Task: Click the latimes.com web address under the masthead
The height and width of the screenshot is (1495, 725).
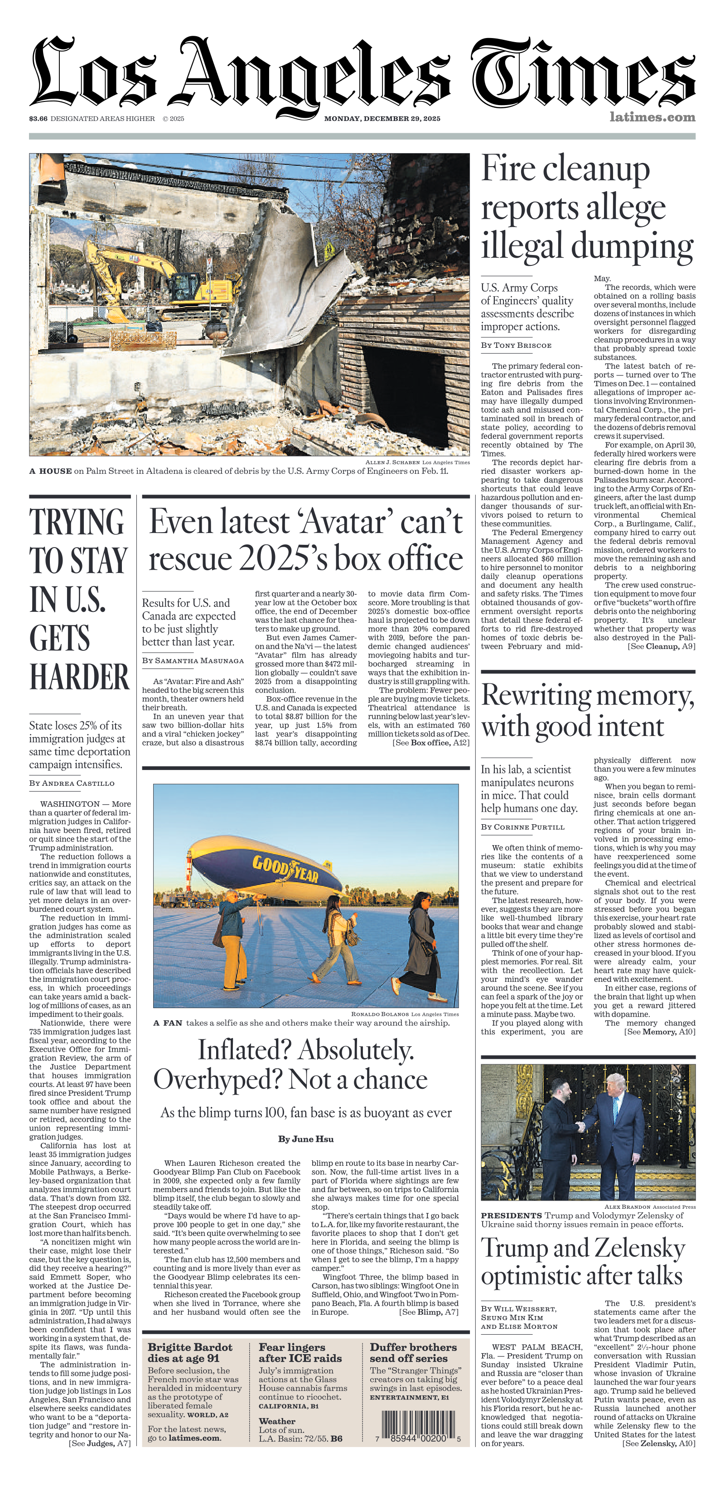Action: (x=652, y=117)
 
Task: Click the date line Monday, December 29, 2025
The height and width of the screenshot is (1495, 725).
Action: (x=382, y=118)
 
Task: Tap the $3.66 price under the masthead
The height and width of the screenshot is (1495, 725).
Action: (x=39, y=118)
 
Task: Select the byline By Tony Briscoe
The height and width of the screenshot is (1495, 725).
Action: (x=516, y=345)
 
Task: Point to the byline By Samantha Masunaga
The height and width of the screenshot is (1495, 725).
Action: (x=193, y=660)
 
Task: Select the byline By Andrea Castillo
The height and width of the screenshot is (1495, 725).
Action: (x=72, y=783)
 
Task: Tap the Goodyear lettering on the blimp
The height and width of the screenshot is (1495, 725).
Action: (x=285, y=869)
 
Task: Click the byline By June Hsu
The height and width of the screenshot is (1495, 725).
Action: (x=306, y=1155)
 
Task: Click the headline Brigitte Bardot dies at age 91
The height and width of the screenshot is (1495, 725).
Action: (x=190, y=1352)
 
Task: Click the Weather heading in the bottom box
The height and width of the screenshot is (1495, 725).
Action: (x=277, y=1421)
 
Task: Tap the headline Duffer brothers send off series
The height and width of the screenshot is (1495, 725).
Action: (x=413, y=1352)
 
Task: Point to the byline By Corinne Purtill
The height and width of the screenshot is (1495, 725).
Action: (x=522, y=827)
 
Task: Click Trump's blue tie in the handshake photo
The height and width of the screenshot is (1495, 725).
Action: (x=616, y=1112)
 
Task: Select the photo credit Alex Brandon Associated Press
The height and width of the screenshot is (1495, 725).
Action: (x=649, y=1207)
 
